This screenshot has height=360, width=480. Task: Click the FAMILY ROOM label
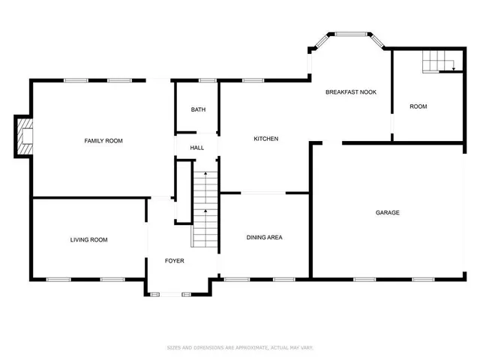103,141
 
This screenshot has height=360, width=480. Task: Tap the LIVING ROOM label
88,240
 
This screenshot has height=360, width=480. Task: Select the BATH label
198,109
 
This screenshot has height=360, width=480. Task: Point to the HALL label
197,148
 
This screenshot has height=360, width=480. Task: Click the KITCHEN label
266,139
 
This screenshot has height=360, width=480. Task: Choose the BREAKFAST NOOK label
350,92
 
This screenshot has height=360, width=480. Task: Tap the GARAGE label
387,213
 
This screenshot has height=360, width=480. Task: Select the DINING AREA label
264,238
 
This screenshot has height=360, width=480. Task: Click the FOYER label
175,261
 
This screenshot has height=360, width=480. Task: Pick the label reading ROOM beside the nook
418,106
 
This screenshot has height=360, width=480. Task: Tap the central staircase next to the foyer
205,210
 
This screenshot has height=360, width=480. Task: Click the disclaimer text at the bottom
240,347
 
